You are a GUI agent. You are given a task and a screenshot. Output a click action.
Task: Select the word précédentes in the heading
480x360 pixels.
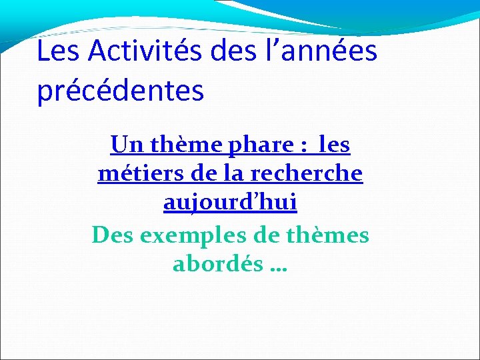[120, 91]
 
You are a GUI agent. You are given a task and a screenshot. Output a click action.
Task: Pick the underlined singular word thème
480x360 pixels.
[179, 144]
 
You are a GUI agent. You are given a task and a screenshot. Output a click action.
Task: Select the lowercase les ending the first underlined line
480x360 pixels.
[335, 144]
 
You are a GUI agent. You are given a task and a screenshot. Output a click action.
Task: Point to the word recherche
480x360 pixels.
[307, 173]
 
